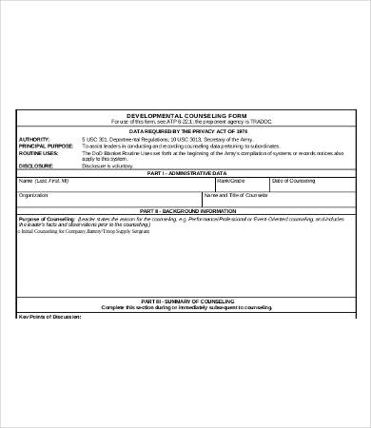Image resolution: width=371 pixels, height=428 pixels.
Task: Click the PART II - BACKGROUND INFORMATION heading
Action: coord(185,210)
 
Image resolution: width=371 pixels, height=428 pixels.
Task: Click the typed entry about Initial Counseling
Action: coord(77,231)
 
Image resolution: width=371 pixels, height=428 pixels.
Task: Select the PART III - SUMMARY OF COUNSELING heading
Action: coord(185,301)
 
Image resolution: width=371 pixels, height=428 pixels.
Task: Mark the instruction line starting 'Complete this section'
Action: coord(185,307)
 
